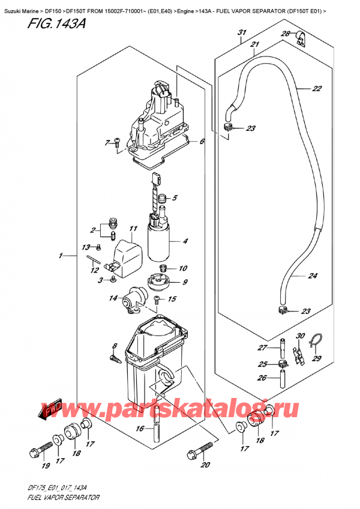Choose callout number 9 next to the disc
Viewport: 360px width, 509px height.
(x=185, y=282)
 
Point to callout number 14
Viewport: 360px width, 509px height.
(x=112, y=298)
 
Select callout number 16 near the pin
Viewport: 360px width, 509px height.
(x=140, y=429)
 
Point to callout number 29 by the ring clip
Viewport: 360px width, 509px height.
(x=317, y=358)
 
